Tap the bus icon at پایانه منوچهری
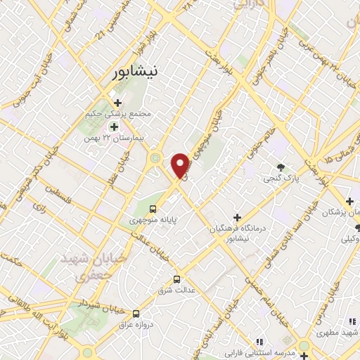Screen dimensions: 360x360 (x=153, y=209)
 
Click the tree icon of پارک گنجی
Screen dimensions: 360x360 (x=281, y=167)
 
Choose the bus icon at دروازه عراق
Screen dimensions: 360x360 (x=136, y=314)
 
